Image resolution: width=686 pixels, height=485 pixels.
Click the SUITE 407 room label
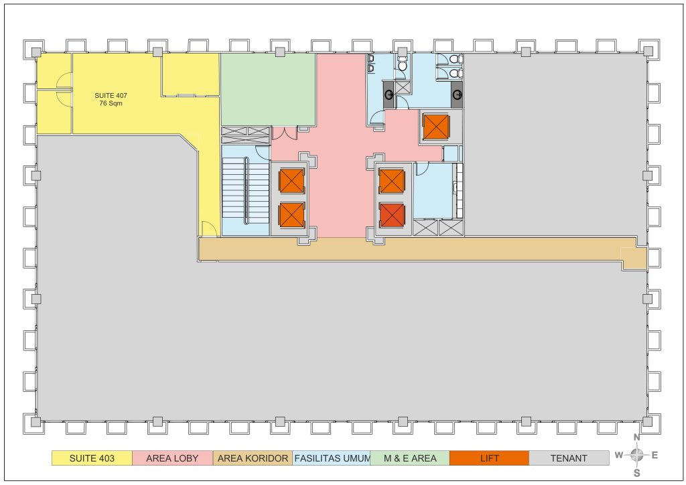click(111, 95)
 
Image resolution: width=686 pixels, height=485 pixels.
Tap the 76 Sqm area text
click(111, 103)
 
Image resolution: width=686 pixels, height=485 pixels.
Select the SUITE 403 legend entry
click(92, 458)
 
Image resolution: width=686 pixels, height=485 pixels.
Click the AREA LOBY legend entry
click(172, 458)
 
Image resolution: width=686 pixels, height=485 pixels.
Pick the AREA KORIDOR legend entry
click(253, 458)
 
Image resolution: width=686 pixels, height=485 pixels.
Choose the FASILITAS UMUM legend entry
click(331, 458)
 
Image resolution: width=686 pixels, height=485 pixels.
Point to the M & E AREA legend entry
click(410, 458)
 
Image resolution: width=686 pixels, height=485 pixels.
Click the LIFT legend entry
click(490, 458)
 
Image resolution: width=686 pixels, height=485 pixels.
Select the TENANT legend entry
click(569, 458)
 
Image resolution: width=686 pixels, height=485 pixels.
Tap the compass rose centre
click(637, 456)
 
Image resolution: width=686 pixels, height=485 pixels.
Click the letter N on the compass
click(637, 437)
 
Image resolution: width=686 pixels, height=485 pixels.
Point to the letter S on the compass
click(637, 473)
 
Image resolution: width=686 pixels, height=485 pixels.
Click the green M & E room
click(268, 89)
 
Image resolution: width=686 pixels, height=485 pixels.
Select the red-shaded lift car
click(392, 216)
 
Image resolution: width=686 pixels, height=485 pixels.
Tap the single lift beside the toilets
click(435, 127)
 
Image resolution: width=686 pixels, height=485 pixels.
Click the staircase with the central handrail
click(246, 190)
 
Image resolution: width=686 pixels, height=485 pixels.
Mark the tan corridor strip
click(423, 250)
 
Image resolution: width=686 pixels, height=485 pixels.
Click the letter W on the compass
click(618, 456)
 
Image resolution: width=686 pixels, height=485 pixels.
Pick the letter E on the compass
click(655, 456)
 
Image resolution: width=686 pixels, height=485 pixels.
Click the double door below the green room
click(285, 133)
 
